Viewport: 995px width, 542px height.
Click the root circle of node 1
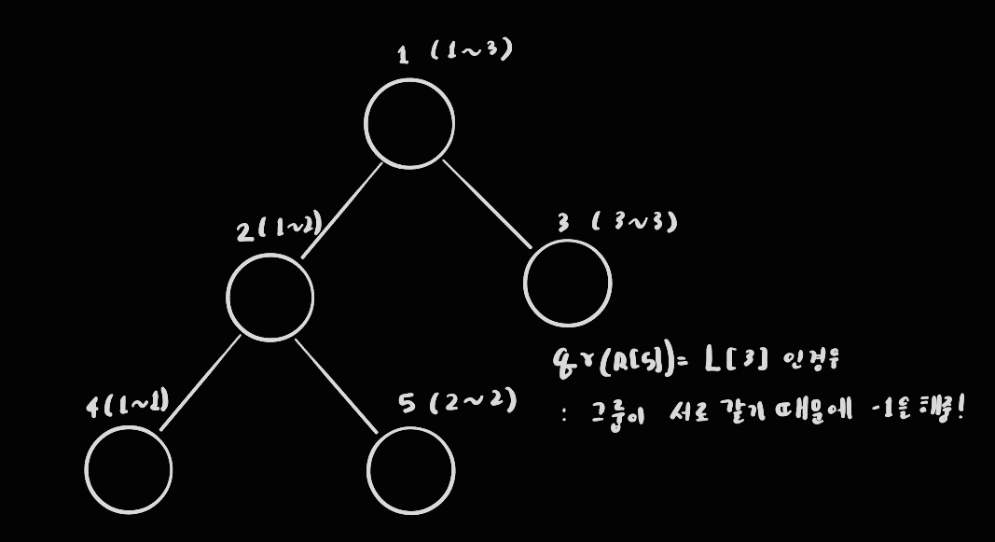coord(408,123)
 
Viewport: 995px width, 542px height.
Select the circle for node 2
coord(269,297)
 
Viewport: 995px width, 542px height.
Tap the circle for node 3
coord(567,283)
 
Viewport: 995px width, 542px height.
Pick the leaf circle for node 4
coord(129,469)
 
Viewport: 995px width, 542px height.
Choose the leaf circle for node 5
coord(410,471)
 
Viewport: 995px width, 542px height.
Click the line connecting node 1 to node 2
coord(341,209)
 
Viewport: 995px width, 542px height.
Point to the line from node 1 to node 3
coord(487,204)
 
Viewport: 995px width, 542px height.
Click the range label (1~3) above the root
coord(472,49)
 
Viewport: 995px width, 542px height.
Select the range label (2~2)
coord(473,403)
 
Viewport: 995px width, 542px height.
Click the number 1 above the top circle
coord(402,55)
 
